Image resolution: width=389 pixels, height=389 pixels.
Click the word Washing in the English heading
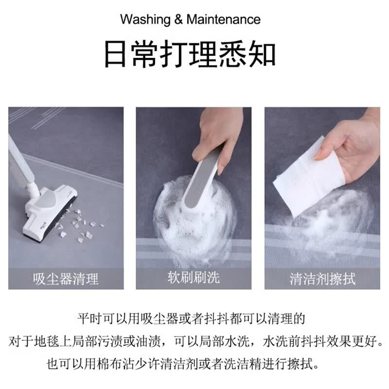(x=145, y=19)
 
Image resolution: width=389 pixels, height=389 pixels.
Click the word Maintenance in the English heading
(x=224, y=19)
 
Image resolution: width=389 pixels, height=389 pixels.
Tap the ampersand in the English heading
(x=178, y=19)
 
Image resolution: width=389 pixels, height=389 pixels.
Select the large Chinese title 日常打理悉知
(x=190, y=54)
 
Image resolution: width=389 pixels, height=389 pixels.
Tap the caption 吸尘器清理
(x=66, y=279)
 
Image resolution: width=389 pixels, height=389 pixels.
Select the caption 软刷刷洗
(x=194, y=277)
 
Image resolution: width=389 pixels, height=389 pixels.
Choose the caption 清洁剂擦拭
(x=322, y=279)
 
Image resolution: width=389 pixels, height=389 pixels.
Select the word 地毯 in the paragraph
(x=47, y=342)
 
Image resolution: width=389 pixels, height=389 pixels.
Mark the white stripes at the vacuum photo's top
(x=37, y=117)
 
